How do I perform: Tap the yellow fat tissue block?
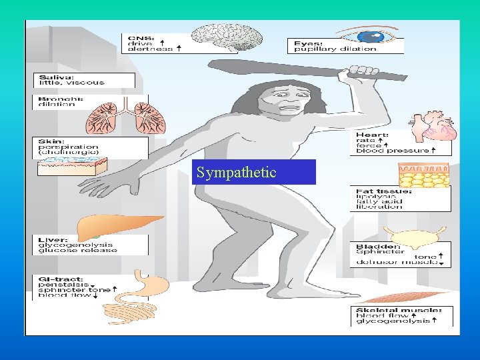pos(424,175)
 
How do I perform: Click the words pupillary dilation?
pos(345,49)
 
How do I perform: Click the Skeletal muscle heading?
pos(399,310)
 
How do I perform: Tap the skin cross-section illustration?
pos(68,167)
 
